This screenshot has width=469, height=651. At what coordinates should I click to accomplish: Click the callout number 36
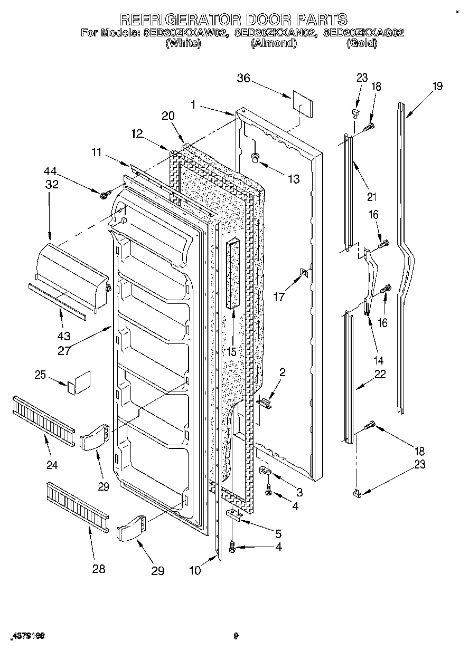pos(243,79)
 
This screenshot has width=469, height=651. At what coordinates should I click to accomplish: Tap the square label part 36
pos(302,106)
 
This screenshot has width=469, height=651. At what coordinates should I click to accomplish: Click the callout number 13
pos(293,179)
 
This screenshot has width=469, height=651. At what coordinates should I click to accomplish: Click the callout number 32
pos(52,184)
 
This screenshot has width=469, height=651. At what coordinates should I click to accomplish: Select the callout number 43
pos(64,336)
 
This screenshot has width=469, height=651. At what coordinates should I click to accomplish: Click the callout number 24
pos(52,465)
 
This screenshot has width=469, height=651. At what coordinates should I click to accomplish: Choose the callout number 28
pos(98,569)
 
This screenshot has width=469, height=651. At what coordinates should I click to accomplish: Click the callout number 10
pos(195,570)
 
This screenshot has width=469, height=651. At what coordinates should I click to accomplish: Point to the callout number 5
pos(277,533)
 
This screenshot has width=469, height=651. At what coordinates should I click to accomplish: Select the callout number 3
pos(299,493)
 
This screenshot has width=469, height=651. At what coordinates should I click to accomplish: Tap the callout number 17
pos(278,297)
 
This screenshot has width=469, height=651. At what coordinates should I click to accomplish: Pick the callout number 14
pos(378,360)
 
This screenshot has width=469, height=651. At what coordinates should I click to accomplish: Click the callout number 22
pos(380,375)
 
